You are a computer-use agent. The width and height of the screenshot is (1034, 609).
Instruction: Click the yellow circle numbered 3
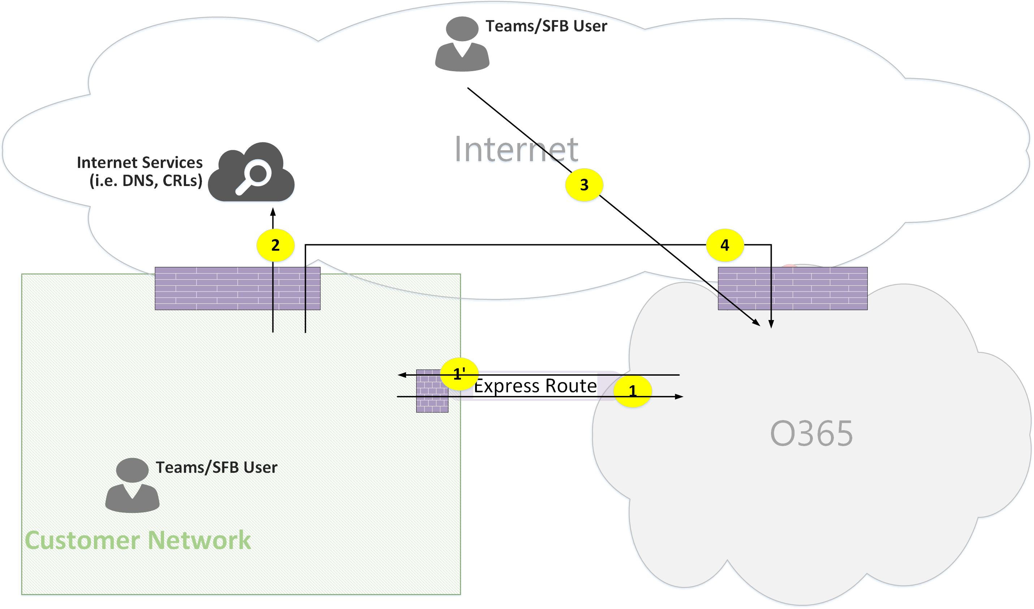584,185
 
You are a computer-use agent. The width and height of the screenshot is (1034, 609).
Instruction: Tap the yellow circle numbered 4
724,245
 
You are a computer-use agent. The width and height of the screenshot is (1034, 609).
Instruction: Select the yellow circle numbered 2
275,245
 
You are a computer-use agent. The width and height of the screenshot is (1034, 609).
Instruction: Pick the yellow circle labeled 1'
459,374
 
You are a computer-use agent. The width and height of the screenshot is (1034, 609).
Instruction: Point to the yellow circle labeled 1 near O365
632,391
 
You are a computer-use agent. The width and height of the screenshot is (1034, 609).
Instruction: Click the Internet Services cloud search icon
251,172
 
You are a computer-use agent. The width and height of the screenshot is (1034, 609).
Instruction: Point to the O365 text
811,433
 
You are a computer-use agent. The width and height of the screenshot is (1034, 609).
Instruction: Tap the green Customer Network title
138,540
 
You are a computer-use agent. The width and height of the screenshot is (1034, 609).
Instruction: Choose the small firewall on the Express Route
432,391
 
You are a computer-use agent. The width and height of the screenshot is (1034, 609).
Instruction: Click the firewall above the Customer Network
237,289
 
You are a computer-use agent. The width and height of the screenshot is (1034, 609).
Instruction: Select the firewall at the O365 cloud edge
792,289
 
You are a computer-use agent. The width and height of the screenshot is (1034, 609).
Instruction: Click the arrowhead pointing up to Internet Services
273,212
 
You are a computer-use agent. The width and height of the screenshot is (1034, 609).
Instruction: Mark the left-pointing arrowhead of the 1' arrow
402,375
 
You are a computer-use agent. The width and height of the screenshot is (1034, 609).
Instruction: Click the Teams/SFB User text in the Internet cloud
546,26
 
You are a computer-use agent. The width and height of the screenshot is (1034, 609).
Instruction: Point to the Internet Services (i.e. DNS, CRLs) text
140,172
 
